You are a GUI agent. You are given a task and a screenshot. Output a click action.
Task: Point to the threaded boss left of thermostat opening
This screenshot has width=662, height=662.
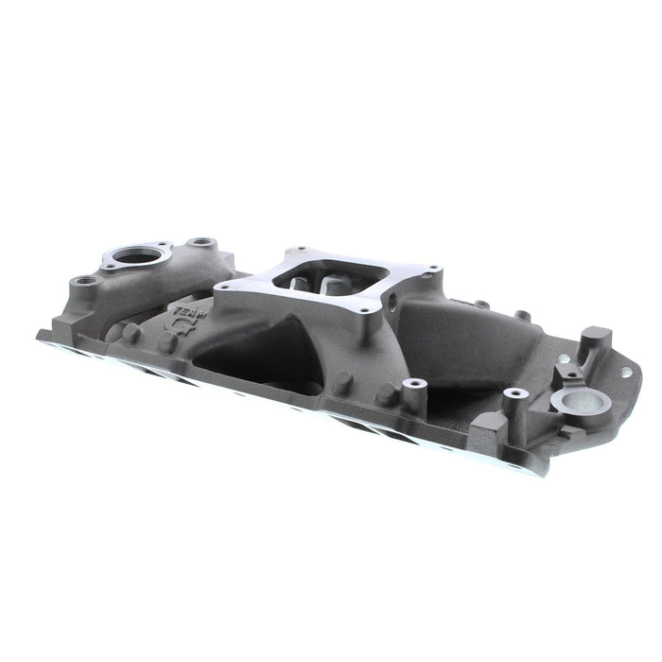click(x=81, y=281)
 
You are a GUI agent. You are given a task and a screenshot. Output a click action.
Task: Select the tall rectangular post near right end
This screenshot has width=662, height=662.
click(x=595, y=340)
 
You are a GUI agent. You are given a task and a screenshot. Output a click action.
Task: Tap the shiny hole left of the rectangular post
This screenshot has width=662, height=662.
click(x=566, y=358)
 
